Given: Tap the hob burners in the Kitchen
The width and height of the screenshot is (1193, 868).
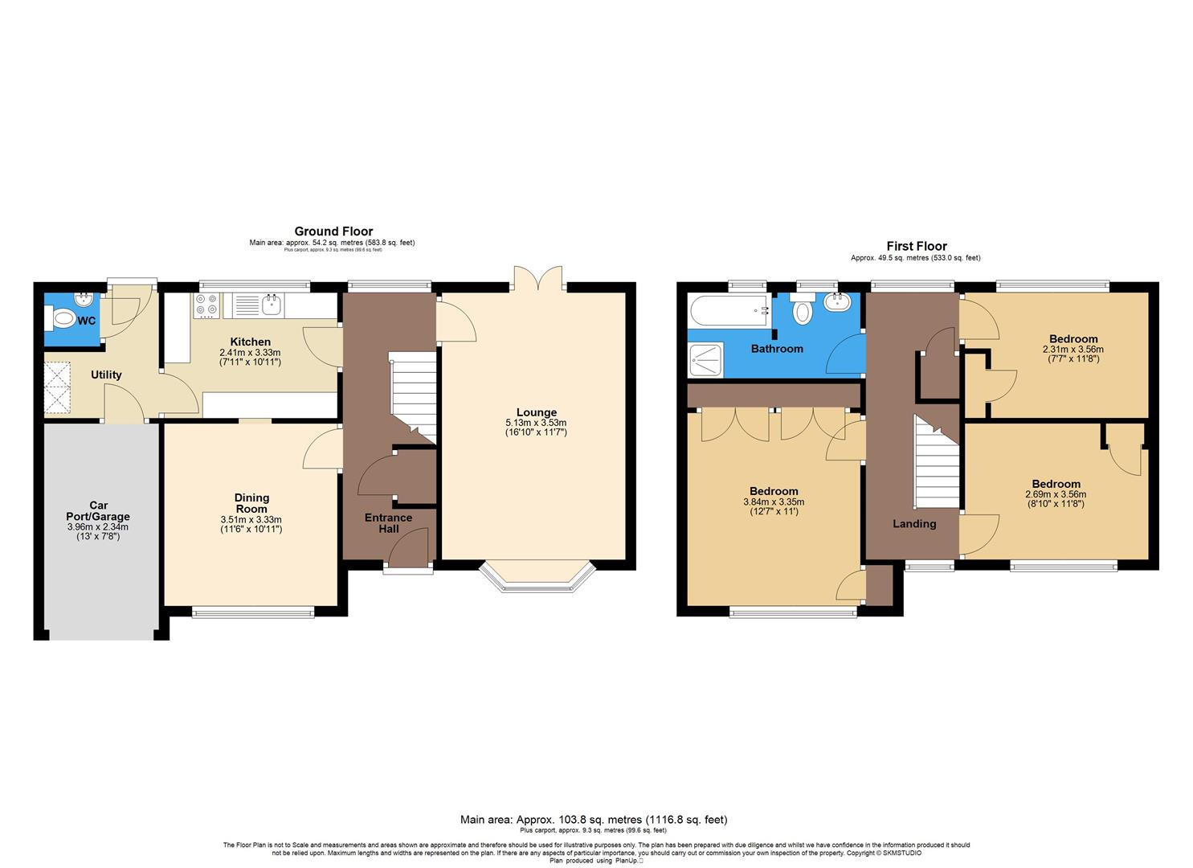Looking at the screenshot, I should tap(206, 305).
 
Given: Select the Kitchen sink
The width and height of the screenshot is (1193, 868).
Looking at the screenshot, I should tap(272, 305).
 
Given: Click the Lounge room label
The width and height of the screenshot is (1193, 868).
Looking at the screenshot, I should tap(536, 412).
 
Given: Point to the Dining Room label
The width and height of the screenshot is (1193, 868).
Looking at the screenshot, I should tap(251, 503).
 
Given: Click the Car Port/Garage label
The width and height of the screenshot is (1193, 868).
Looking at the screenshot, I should tap(98, 511).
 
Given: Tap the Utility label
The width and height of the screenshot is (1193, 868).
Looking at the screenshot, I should tap(106, 375).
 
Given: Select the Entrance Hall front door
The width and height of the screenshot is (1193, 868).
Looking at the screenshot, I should tap(408, 555).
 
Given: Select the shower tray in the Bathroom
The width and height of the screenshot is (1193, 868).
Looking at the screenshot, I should tap(706, 360).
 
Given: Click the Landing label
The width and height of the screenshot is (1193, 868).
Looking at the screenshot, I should tap(914, 524).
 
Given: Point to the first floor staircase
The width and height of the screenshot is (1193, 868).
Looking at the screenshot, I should tap(938, 461).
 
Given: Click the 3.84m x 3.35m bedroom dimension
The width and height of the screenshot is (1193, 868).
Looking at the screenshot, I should tap(773, 502).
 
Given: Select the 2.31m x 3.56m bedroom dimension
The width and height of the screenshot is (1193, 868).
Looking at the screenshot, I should tap(1072, 350).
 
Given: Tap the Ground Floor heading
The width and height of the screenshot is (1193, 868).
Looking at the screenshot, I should tap(333, 231).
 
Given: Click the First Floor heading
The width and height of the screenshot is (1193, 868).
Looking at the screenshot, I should tap(916, 247).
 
